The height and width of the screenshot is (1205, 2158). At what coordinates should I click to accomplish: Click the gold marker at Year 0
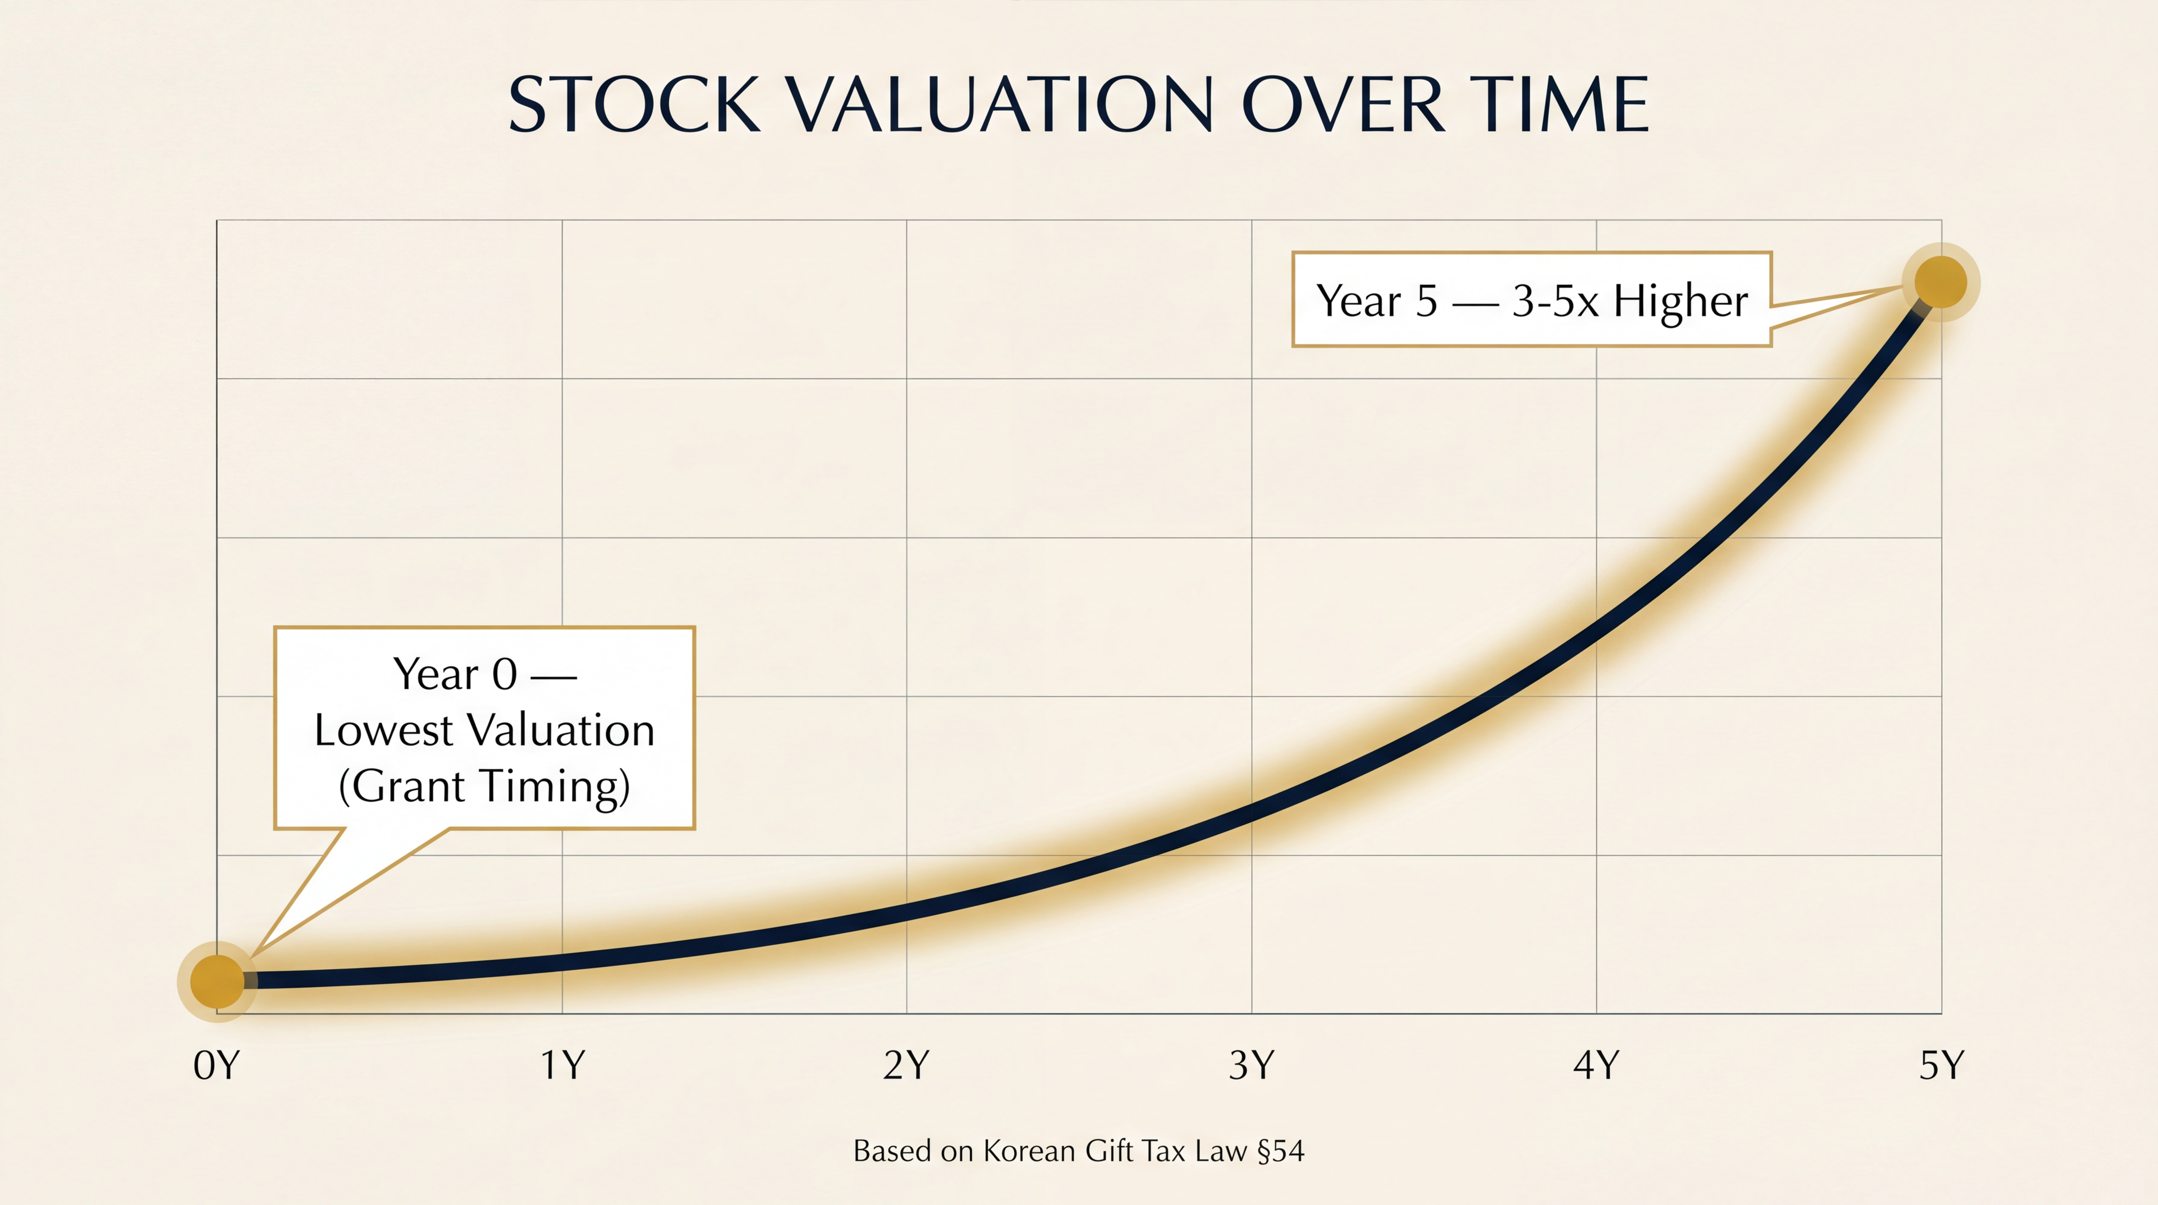point(217,980)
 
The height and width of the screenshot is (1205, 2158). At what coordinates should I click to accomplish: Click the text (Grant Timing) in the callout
point(484,786)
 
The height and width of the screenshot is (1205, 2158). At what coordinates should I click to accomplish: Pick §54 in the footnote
point(1281,1151)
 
